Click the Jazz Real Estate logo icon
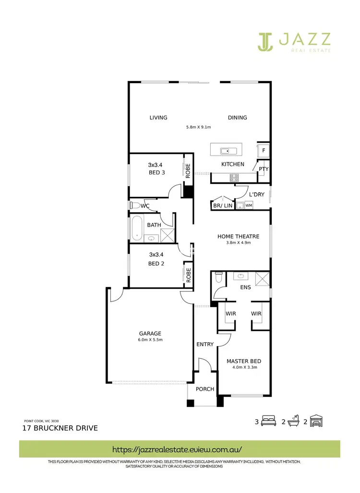pos(265,42)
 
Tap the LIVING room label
pos(158,118)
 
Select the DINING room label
pos(237,118)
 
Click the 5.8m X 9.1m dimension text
pos(199,127)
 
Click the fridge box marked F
pos(264,150)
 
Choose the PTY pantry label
pos(264,169)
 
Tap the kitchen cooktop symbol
pos(235,177)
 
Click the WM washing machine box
pos(249,205)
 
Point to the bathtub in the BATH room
pos(137,228)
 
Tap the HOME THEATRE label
pos(238,236)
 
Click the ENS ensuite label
pos(246,288)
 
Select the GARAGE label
pos(150,333)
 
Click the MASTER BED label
pos(243,361)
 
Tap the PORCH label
pos(205,389)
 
